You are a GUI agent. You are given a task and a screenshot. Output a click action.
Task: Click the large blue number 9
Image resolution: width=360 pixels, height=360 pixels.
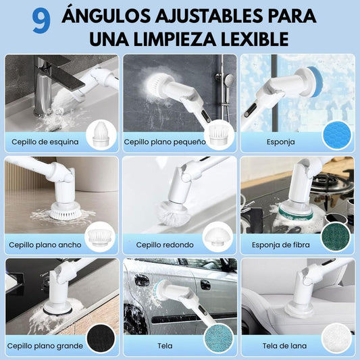(x=41, y=22)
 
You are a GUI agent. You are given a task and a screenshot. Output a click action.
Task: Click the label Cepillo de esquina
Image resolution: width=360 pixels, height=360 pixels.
(x=45, y=142)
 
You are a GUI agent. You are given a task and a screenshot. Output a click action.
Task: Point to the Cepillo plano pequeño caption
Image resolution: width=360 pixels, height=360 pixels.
(x=165, y=142)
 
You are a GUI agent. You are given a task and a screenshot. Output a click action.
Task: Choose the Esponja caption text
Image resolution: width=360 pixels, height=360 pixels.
(x=280, y=142)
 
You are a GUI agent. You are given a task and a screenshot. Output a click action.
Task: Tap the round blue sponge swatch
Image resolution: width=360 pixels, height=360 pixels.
(x=337, y=135)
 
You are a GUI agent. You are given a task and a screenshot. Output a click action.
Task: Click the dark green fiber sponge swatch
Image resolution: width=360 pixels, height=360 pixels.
(x=336, y=236)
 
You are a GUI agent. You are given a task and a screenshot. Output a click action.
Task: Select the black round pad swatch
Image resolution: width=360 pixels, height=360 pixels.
(x=101, y=338)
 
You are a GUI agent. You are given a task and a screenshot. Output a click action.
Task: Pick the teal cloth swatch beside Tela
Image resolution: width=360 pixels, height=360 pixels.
(x=218, y=338)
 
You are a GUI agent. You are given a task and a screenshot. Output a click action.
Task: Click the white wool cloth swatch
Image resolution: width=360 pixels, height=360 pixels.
(x=336, y=338)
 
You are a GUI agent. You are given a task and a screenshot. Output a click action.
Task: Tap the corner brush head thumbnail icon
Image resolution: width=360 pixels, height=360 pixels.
(x=101, y=135)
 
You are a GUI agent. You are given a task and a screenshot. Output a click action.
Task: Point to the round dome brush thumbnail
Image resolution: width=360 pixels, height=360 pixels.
(x=217, y=237)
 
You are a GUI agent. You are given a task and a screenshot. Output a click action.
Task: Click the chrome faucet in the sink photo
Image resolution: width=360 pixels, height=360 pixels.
(x=44, y=86)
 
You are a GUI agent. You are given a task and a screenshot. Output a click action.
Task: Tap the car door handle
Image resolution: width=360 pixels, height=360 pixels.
(x=205, y=285)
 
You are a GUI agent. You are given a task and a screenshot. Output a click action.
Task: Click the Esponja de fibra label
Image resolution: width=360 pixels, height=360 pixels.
(x=280, y=245)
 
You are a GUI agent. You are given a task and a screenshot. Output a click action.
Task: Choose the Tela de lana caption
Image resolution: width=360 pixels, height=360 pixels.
(x=284, y=346)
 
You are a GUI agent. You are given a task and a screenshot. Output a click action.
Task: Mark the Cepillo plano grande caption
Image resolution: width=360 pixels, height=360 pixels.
(x=45, y=346)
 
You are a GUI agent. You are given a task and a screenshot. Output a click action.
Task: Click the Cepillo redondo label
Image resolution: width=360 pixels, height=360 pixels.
(x=165, y=245)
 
